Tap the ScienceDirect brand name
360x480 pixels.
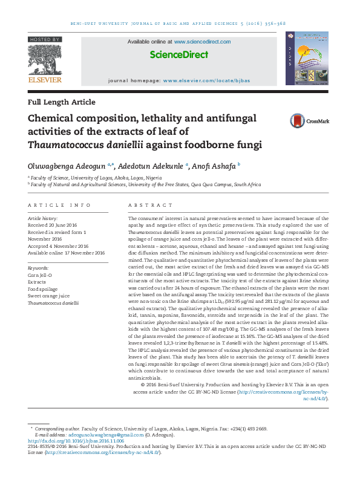(x=179, y=55)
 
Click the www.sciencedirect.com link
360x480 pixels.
(x=202, y=42)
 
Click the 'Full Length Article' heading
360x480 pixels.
(x=62, y=102)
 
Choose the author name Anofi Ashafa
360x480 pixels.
(x=215, y=164)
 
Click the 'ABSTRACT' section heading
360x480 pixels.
(x=147, y=206)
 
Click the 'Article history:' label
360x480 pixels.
(x=44, y=218)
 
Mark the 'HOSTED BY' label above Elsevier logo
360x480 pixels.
(x=45, y=39)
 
